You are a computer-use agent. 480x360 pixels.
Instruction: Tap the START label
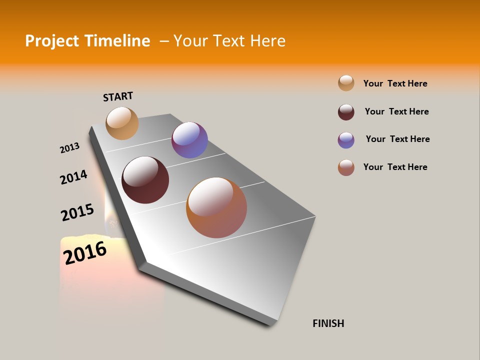(x=118, y=96)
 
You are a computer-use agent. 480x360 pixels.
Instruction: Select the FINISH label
(x=328, y=323)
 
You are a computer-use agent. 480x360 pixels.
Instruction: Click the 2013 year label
(x=69, y=148)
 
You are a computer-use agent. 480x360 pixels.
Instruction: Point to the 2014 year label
(x=73, y=177)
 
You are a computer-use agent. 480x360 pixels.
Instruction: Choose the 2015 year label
(x=77, y=212)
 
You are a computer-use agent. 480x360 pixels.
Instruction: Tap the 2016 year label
(x=85, y=252)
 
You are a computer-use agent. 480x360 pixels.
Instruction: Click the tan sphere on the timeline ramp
(x=122, y=123)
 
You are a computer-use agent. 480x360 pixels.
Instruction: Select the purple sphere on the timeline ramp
(x=189, y=140)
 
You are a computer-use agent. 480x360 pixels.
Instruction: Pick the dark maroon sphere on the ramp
(x=145, y=180)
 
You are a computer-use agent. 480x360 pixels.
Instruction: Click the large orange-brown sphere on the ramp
(x=216, y=207)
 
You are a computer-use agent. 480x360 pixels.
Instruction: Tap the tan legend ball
(x=346, y=83)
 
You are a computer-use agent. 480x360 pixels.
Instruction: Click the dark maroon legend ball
(x=346, y=112)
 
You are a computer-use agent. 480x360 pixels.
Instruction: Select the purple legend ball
(x=346, y=140)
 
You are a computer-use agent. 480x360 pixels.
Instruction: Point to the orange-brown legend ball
(x=346, y=167)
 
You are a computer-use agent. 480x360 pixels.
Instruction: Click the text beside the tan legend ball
(x=395, y=83)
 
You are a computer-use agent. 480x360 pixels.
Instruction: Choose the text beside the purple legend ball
(x=397, y=139)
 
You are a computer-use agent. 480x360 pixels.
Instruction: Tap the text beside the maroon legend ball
(x=396, y=111)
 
